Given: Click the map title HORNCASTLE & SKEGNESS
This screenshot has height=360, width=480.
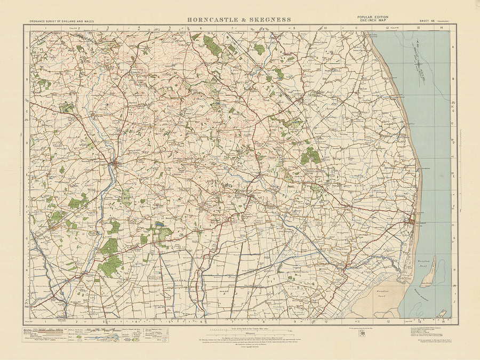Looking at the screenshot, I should pos(239,20).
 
